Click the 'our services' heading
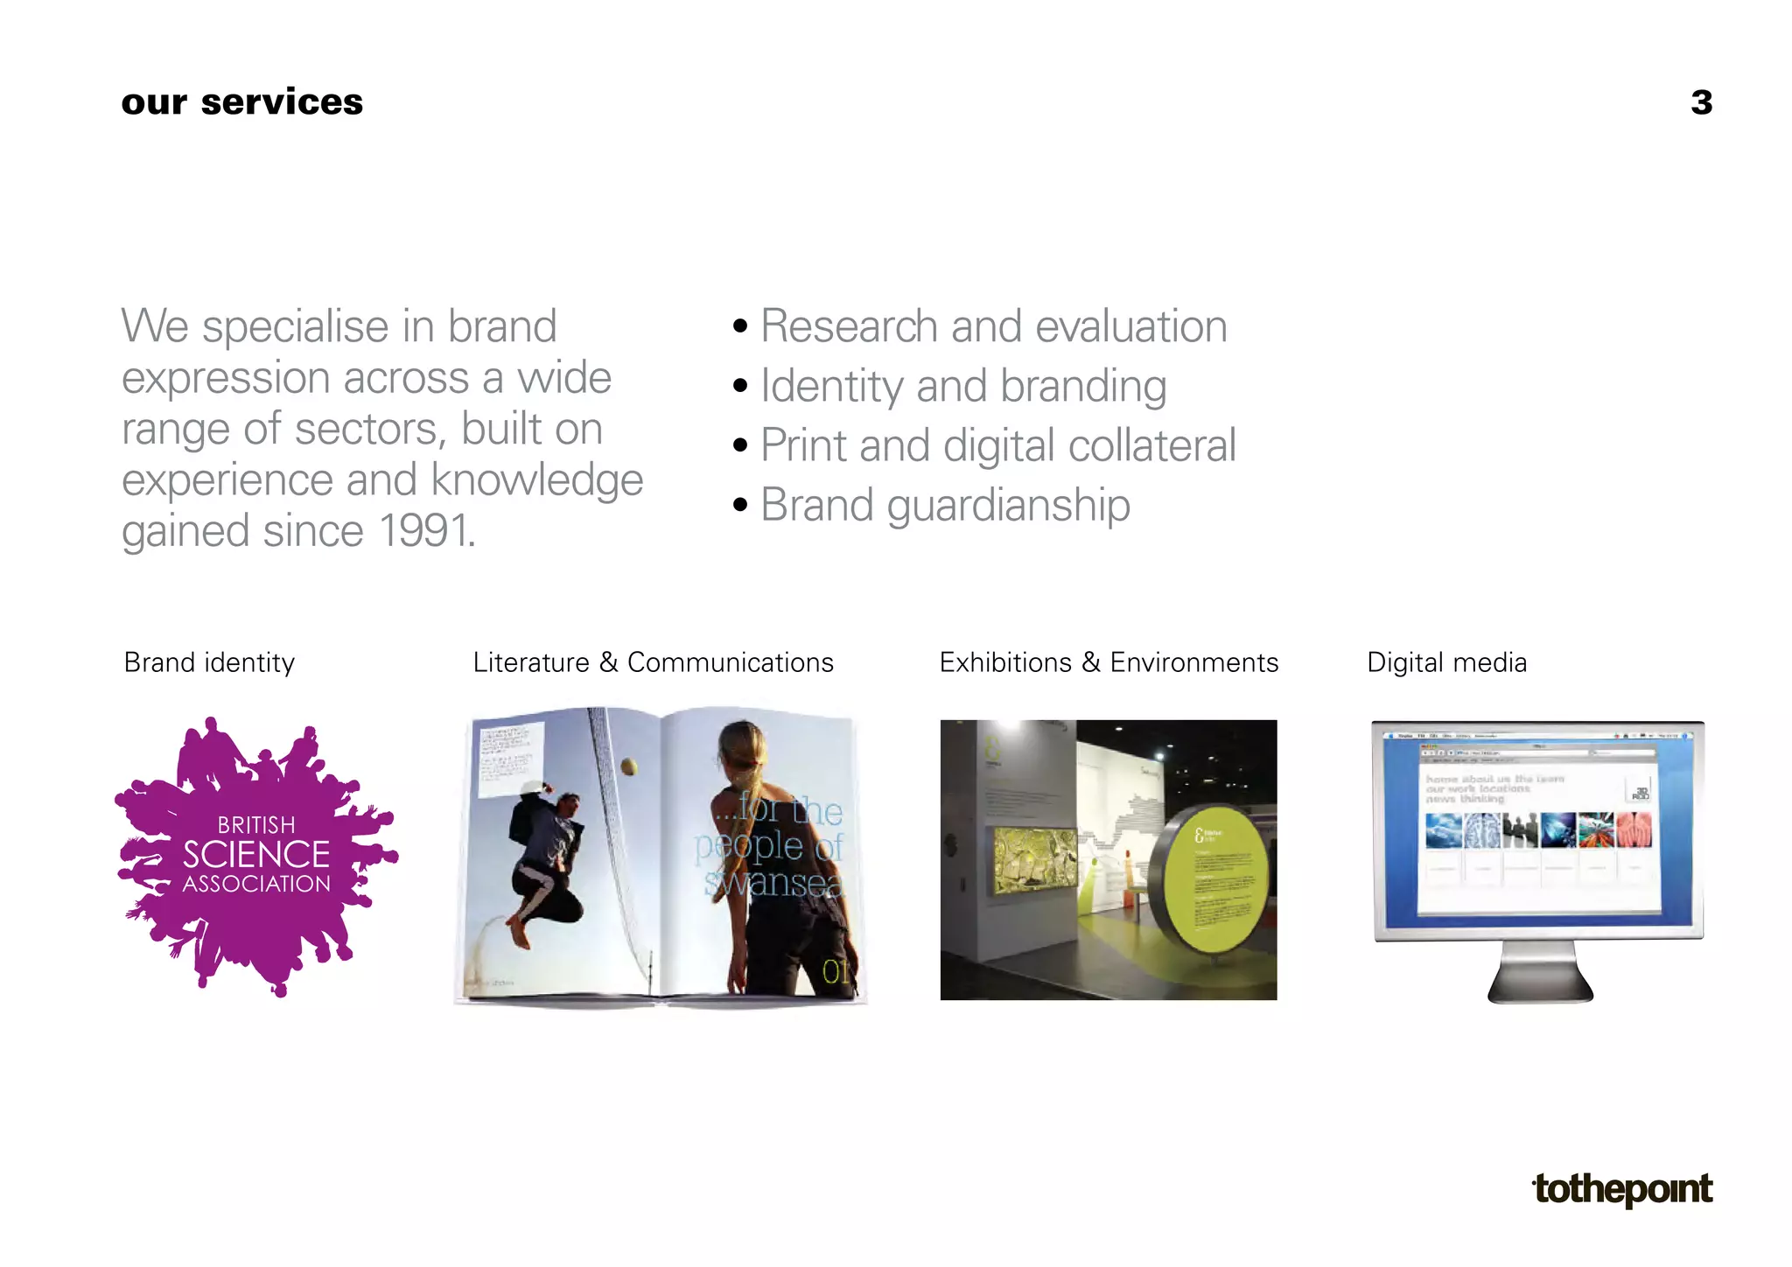tap(241, 102)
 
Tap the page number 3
tap(1701, 102)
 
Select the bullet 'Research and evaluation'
tap(993, 326)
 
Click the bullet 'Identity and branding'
tap(962, 386)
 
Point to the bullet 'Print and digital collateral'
tap(997, 445)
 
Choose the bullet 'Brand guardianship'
tap(945, 505)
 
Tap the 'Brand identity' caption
tap(209, 662)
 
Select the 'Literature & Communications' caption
tap(653, 662)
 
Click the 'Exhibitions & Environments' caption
tap(1109, 662)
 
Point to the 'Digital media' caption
tap(1446, 662)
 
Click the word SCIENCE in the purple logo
tap(255, 854)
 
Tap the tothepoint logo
tap(1623, 1189)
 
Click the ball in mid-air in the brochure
tap(628, 767)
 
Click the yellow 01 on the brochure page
tap(835, 971)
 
